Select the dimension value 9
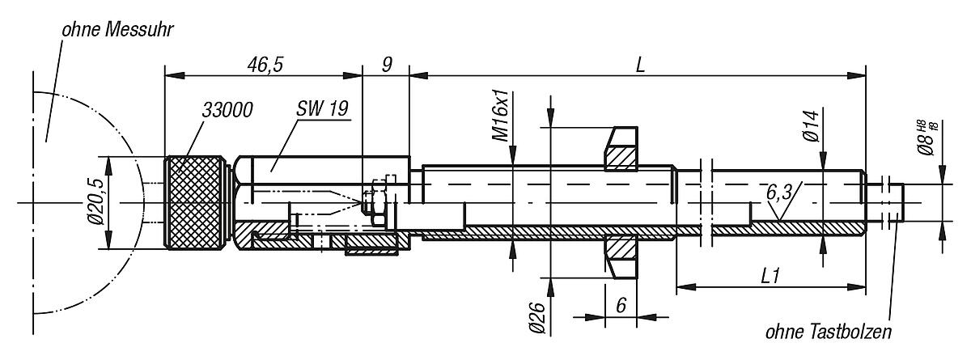[386, 64]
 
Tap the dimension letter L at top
[639, 64]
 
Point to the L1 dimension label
[770, 275]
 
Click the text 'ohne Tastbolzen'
[831, 332]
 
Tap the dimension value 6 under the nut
[621, 306]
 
